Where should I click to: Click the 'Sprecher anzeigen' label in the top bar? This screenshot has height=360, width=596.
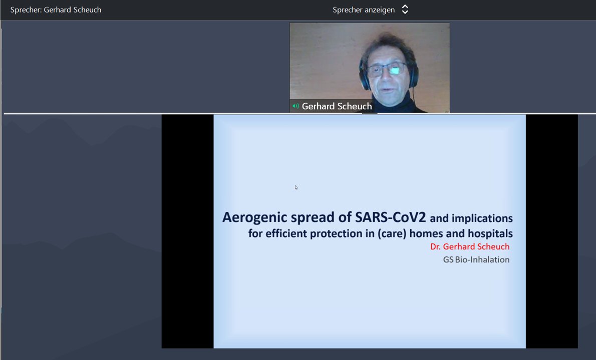click(364, 10)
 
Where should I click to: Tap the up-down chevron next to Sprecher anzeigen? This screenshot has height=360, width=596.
click(405, 10)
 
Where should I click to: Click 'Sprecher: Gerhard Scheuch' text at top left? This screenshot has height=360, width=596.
click(56, 10)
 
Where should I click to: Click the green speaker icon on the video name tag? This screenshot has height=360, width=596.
click(295, 106)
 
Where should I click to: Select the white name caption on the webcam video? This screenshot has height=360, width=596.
click(337, 106)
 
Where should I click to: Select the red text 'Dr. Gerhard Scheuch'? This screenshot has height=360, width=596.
click(470, 247)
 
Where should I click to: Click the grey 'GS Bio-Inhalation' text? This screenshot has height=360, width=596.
click(476, 259)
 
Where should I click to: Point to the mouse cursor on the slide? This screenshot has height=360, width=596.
click(296, 187)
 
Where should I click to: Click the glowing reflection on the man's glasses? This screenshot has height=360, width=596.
click(395, 71)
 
